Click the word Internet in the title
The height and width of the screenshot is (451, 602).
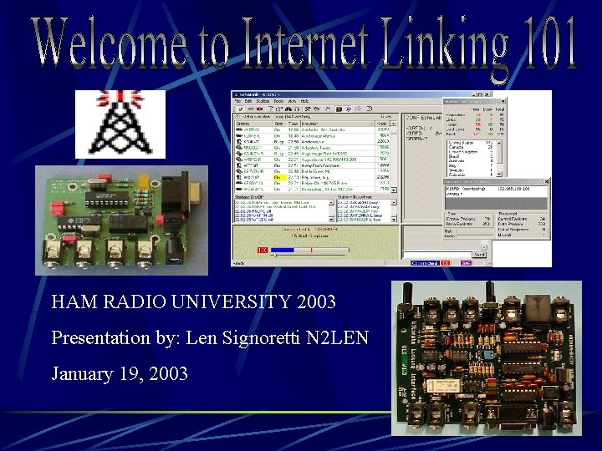click(x=293, y=42)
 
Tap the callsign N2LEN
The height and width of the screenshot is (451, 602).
click(x=339, y=337)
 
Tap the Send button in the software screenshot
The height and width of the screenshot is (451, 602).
click(x=479, y=254)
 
